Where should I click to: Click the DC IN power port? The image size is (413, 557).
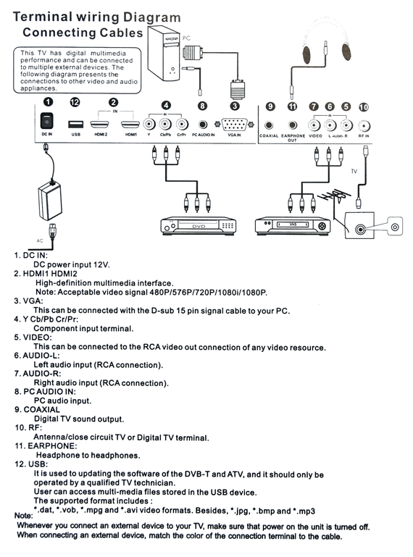[x=46, y=121]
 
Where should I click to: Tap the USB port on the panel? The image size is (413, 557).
[x=75, y=125]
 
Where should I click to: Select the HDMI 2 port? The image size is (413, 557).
[x=100, y=125]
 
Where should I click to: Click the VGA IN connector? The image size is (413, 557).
[x=234, y=125]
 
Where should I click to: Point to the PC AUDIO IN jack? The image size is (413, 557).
[x=203, y=125]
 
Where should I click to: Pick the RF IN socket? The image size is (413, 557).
[x=364, y=126]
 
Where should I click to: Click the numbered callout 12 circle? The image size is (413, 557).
[x=75, y=102]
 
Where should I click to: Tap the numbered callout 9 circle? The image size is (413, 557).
[x=270, y=106]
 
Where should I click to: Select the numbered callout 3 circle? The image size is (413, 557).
[x=235, y=106]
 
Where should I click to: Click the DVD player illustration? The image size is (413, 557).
[x=199, y=225]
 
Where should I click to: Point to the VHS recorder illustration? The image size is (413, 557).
[x=293, y=225]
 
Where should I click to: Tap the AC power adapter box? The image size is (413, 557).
[x=50, y=201]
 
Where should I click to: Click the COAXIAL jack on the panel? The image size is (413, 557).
[x=269, y=125]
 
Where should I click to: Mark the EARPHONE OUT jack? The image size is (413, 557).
[x=293, y=125]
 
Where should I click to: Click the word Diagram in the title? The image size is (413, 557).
[x=152, y=17]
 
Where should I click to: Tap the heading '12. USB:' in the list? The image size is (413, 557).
[x=31, y=464]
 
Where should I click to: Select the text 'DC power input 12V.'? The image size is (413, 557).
[x=72, y=264]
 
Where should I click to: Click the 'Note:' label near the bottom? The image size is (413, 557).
[x=23, y=516]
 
